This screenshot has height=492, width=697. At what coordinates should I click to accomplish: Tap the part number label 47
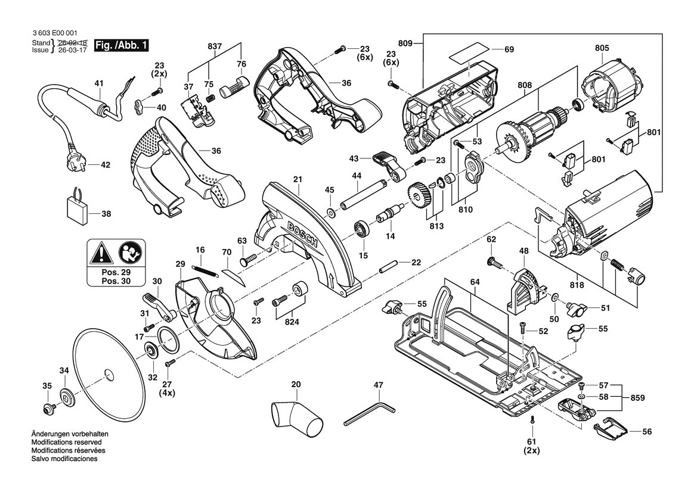click(x=378, y=385)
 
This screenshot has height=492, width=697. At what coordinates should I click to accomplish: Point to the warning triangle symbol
click(x=102, y=254)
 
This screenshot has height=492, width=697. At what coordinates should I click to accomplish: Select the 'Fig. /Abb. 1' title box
click(x=120, y=45)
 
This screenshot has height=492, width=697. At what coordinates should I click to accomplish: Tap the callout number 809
click(x=405, y=43)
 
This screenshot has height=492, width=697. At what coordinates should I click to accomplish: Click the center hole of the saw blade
click(x=107, y=374)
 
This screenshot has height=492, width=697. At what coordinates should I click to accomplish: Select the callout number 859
click(x=637, y=398)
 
